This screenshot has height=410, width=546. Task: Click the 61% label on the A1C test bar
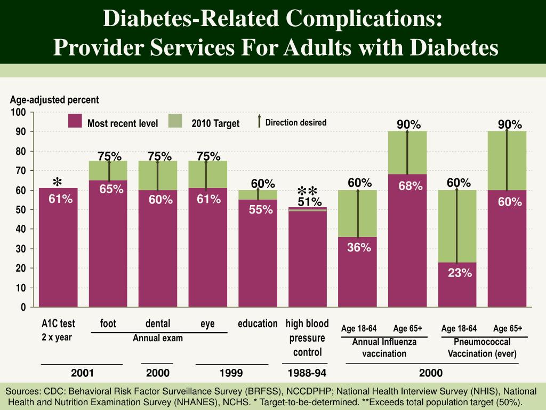(x=61, y=199)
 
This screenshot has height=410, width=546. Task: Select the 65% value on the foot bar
(x=111, y=189)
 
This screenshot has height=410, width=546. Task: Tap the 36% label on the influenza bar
(x=359, y=247)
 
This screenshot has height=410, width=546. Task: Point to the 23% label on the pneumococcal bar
(x=460, y=273)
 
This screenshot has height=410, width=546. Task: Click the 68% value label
(x=411, y=186)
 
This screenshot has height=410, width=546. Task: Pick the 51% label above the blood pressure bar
(x=310, y=202)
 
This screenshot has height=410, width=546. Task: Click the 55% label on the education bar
(x=261, y=210)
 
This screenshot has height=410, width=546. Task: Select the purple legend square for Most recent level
(x=75, y=121)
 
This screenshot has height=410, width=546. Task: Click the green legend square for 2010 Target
(x=175, y=121)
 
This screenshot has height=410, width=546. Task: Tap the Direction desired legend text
(x=296, y=122)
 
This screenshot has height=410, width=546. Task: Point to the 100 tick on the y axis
(x=19, y=112)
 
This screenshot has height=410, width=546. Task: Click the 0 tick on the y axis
(x=23, y=307)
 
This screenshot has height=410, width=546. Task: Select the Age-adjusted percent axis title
(x=54, y=100)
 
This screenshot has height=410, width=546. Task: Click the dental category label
(x=158, y=324)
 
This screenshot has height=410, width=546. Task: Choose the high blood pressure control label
(x=307, y=338)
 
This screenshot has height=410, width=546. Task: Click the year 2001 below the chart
(x=82, y=372)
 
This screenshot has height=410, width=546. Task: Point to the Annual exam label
(x=158, y=338)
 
